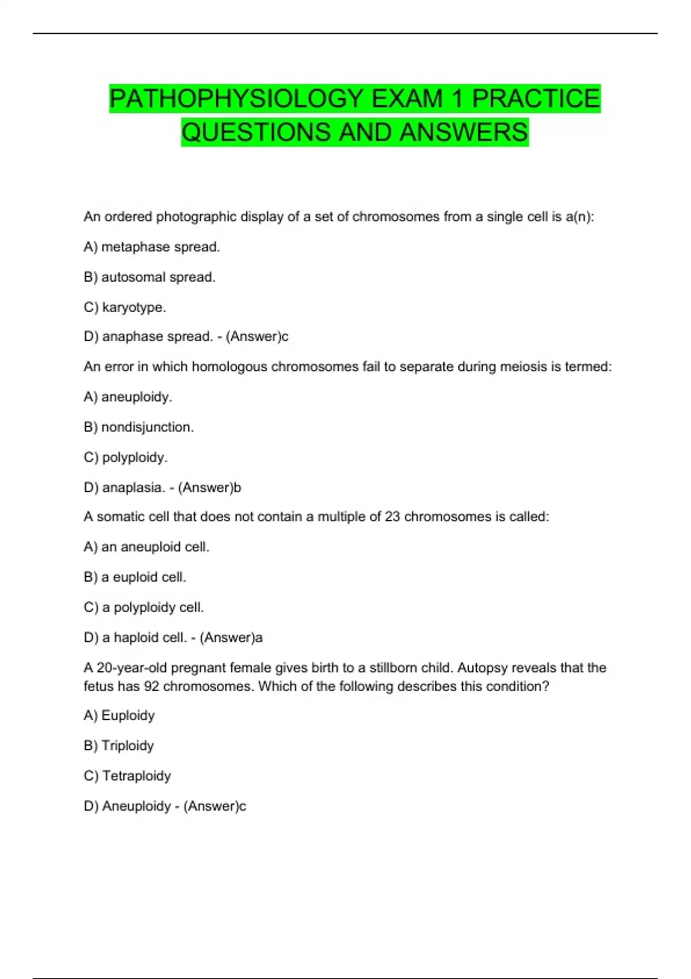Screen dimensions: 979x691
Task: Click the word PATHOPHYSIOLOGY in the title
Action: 237,98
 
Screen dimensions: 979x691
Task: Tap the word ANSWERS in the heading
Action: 464,132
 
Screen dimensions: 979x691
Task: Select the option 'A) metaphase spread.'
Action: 152,247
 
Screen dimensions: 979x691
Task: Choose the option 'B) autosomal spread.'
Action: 150,277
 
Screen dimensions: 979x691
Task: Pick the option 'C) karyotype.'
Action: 125,308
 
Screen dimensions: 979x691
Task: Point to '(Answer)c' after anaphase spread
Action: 257,336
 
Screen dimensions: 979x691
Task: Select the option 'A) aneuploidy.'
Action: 128,397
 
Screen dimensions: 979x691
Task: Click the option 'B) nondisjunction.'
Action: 139,427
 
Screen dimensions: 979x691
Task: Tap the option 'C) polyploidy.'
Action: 126,457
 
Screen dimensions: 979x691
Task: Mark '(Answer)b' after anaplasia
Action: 210,488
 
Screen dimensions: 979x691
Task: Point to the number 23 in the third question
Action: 392,517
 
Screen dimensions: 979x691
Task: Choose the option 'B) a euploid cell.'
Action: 135,577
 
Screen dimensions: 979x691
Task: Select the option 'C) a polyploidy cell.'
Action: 144,608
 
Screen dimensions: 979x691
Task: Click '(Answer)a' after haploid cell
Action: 231,638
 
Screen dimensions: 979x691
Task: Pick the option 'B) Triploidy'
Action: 119,746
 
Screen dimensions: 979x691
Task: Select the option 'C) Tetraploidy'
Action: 127,776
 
